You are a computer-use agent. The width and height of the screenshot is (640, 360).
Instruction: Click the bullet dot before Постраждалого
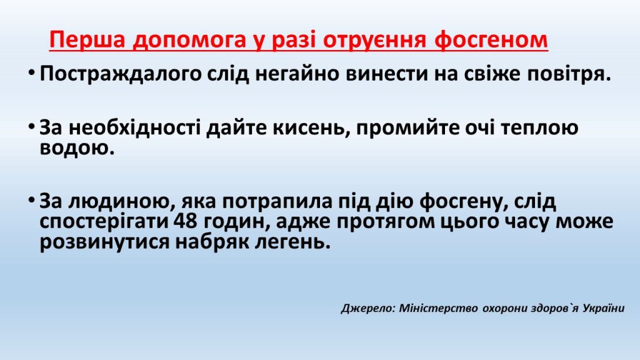pos(31,74)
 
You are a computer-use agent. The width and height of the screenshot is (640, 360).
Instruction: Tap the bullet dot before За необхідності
pos(31,129)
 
